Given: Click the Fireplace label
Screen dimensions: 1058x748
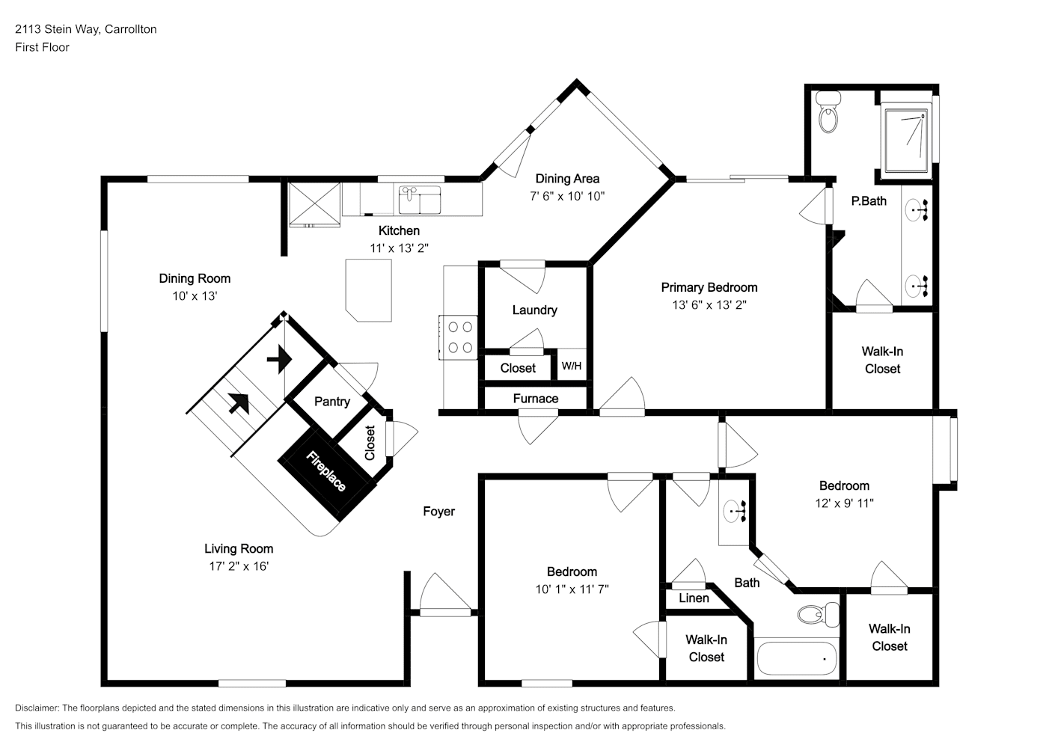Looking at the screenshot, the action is coord(326,470).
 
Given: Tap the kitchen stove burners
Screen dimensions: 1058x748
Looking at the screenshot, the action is coord(459,337).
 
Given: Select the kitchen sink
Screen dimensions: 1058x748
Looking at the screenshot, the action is coord(420,200).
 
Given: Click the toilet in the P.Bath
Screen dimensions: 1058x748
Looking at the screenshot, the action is coord(828,112).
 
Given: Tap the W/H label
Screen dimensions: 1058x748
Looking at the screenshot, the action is coord(572,366).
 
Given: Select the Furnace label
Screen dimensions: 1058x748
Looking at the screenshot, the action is coord(536,399).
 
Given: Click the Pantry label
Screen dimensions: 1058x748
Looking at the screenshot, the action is coord(332,402).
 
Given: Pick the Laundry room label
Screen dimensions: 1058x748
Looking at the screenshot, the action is coord(535,310).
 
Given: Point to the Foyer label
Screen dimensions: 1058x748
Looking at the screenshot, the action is coord(438,512).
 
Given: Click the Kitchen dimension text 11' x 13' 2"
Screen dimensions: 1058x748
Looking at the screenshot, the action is coord(399,248).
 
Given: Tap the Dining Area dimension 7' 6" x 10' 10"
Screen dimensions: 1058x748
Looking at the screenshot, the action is coord(567,196).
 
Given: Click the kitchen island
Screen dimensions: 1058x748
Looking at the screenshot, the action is coord(369,290).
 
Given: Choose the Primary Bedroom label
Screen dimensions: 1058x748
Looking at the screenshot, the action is coord(709,287).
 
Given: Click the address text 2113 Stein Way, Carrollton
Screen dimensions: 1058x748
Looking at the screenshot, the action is coord(86,29).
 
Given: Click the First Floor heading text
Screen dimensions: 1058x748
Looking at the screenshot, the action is coord(42,47).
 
